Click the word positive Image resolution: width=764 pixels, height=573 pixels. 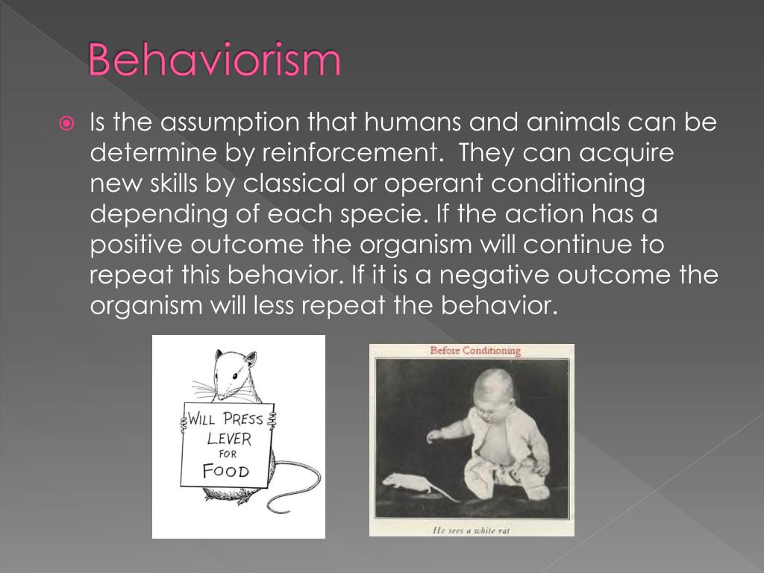pyautogui.click(x=139, y=245)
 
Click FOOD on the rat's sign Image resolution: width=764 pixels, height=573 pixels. pyautogui.click(x=225, y=472)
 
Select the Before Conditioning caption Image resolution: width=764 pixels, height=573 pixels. pyautogui.click(x=475, y=351)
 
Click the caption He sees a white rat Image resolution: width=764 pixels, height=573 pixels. pyautogui.click(x=471, y=530)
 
